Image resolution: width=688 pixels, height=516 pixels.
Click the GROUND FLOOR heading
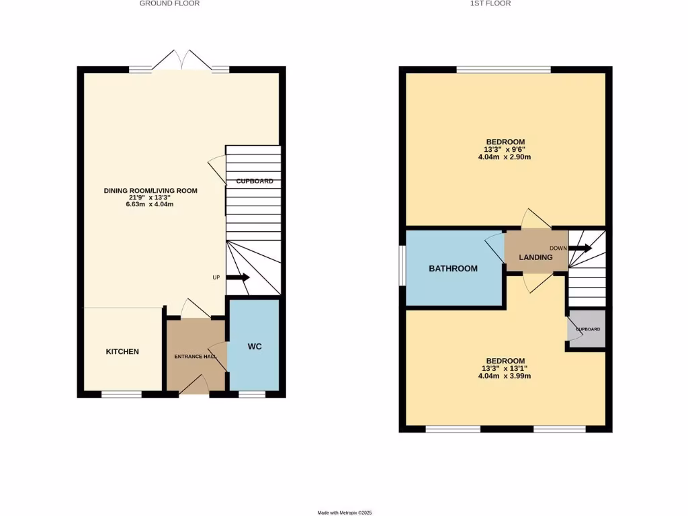tap(169, 3)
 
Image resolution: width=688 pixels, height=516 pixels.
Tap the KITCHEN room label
tap(122, 351)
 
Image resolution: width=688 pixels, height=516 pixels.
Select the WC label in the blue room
tap(254, 347)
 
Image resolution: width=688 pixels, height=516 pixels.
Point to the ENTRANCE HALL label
tap(196, 356)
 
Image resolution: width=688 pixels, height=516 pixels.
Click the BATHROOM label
tap(454, 269)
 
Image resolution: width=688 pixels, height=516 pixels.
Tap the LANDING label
tap(535, 257)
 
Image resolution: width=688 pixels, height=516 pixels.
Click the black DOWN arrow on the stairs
tap(581, 248)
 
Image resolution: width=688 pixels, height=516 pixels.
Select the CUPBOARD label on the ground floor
tap(254, 181)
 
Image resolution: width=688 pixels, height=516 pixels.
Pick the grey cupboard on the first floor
tap(587, 329)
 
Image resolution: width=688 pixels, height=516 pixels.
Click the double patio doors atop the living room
tap(179, 60)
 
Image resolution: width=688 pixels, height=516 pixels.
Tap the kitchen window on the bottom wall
tap(122, 394)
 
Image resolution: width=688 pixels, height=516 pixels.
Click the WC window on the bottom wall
tap(252, 394)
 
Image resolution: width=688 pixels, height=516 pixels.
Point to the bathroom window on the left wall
tap(402, 267)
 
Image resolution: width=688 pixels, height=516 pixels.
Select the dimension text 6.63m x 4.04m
tap(150, 204)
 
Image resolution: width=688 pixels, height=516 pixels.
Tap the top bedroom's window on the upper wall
tap(504, 69)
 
